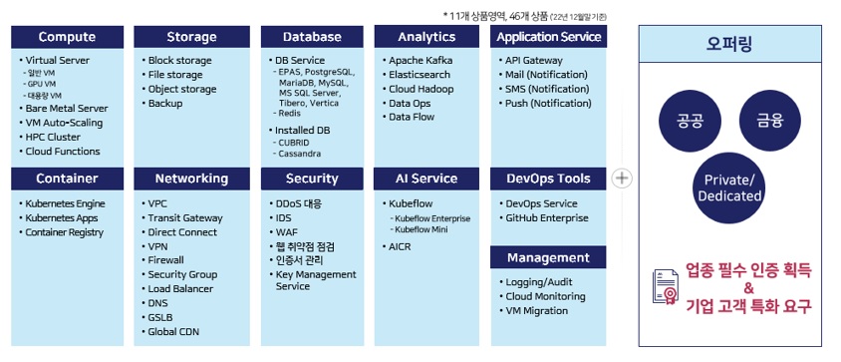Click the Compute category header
point(67,37)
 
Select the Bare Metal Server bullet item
point(67,109)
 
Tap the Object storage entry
point(182,89)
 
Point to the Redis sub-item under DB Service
point(290,114)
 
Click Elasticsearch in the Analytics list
point(420,75)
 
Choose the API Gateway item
point(534,61)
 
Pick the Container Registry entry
point(65,232)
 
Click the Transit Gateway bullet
point(185,218)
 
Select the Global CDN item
point(173,332)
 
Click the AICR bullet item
point(400,247)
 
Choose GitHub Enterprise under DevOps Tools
point(546,218)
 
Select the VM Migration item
point(536,311)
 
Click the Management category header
point(548,258)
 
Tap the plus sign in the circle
point(622,179)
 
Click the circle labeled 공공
point(690,121)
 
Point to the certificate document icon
point(665,287)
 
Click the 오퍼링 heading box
point(729,44)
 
